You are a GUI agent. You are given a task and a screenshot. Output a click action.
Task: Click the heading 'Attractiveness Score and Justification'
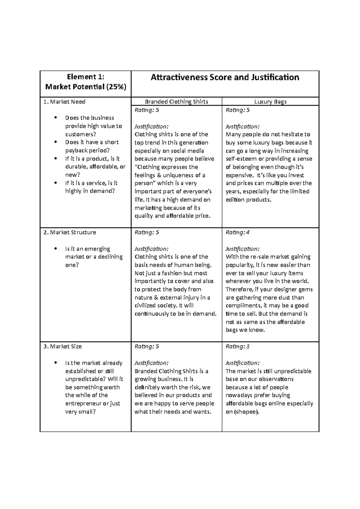click(x=225, y=77)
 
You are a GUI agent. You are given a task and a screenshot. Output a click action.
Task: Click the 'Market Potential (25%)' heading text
click(x=85, y=87)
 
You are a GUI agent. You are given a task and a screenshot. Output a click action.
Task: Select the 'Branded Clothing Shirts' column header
click(x=176, y=102)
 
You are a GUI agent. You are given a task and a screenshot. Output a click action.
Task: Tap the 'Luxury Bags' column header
click(x=270, y=102)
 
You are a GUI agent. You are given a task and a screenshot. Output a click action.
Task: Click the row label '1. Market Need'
click(x=64, y=102)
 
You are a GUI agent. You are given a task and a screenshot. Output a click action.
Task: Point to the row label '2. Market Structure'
click(x=70, y=232)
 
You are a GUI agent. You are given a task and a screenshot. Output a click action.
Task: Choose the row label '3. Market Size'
click(x=62, y=346)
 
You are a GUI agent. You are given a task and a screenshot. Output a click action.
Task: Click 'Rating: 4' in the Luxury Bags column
click(x=237, y=232)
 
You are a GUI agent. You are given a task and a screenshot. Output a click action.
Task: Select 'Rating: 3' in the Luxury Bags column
click(x=237, y=346)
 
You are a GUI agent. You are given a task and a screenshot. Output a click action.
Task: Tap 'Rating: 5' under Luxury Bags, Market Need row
click(x=237, y=110)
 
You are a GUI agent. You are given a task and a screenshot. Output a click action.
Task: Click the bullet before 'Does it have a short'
click(x=55, y=142)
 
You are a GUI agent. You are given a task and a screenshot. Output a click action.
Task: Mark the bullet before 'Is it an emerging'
click(x=55, y=249)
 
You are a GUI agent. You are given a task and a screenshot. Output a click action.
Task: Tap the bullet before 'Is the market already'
click(x=55, y=363)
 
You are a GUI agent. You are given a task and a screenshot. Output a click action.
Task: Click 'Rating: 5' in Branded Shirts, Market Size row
click(x=147, y=346)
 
